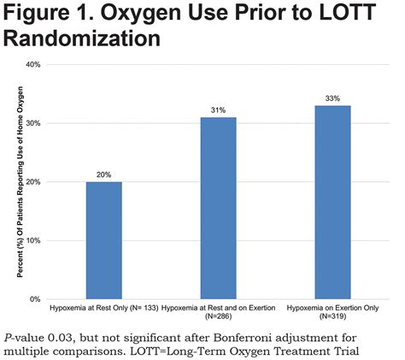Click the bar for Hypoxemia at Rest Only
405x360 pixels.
[103, 240]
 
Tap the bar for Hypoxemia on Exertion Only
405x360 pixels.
[332, 202]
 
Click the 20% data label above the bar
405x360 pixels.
[103, 174]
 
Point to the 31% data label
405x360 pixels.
[218, 109]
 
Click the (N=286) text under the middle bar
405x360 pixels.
[218, 315]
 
